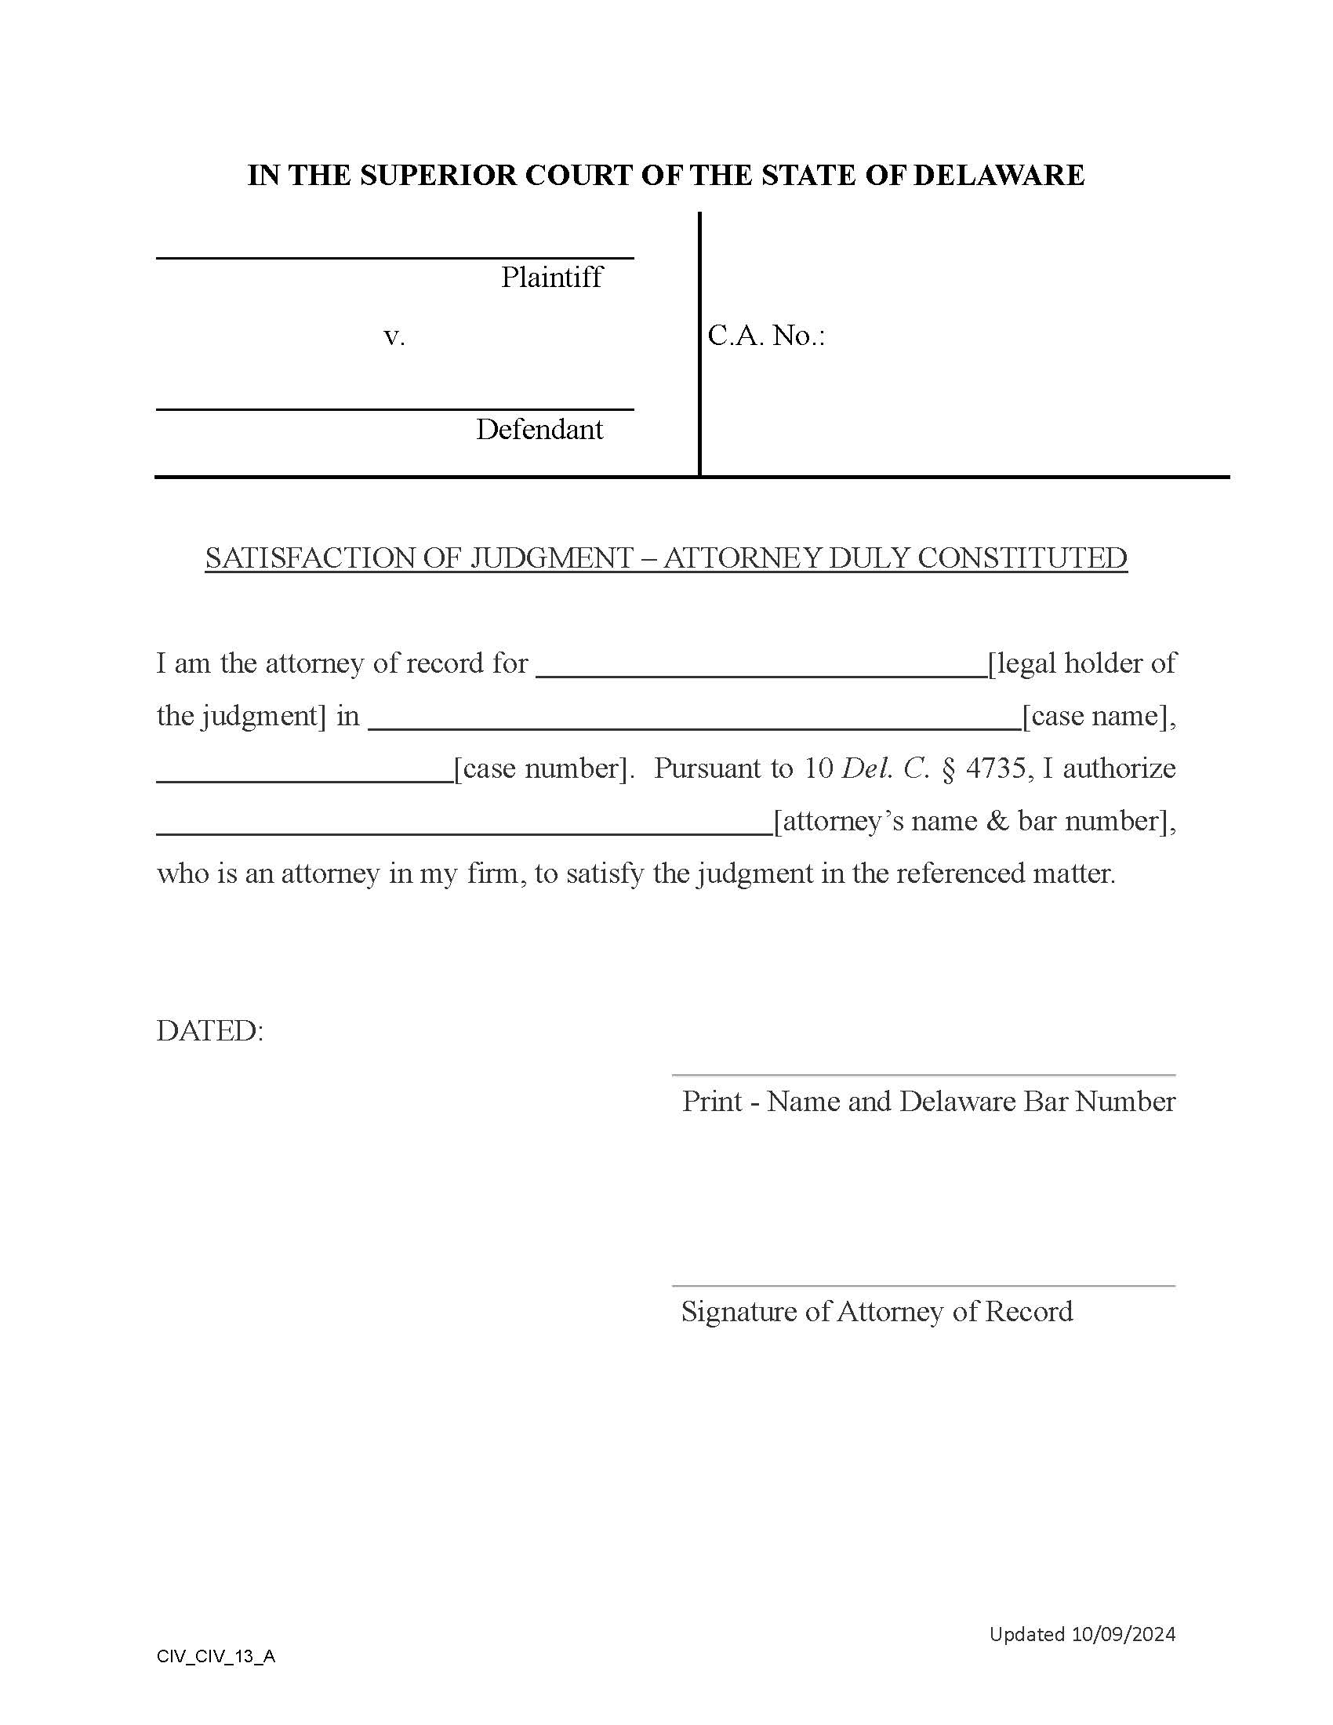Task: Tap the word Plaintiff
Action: click(551, 278)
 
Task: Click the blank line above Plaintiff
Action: click(395, 257)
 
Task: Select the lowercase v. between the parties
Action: click(394, 337)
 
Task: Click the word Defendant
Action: click(539, 430)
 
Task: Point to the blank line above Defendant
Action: click(395, 409)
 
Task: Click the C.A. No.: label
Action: click(766, 336)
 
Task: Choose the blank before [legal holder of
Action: click(761, 675)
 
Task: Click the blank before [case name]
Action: click(695, 728)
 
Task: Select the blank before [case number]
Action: click(305, 780)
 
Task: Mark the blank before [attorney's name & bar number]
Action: click(464, 833)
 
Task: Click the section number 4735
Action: click(995, 768)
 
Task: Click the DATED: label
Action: click(210, 1031)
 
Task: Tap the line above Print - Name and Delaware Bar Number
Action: click(923, 1075)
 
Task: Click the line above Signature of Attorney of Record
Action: click(923, 1286)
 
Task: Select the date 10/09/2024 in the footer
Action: click(1123, 1633)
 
